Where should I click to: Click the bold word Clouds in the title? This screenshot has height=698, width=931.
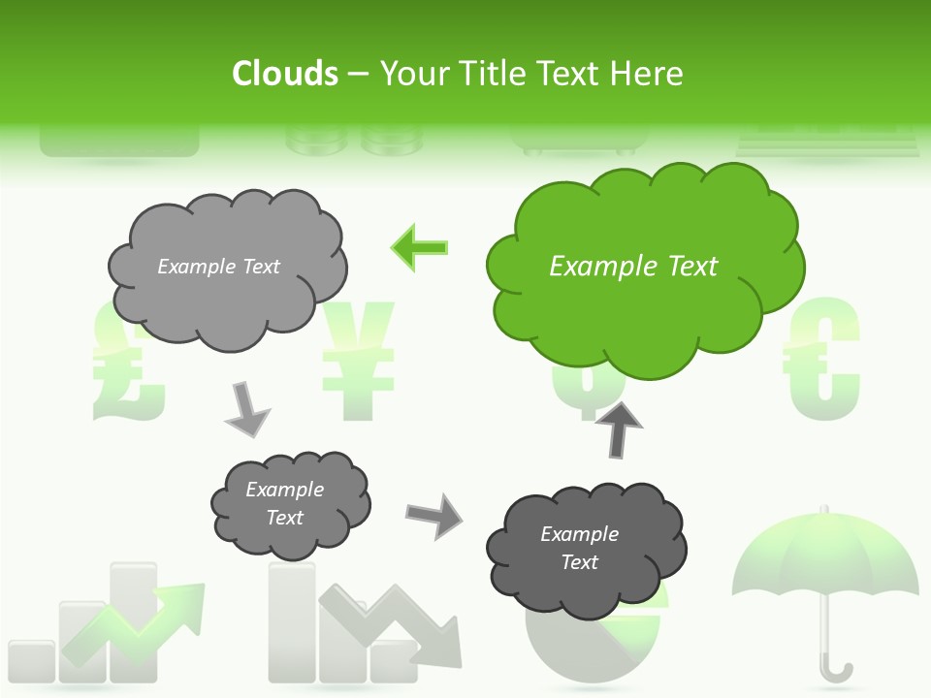(x=285, y=74)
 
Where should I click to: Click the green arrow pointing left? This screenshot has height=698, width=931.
(x=420, y=247)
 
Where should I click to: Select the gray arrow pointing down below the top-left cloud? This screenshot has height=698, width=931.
(x=247, y=409)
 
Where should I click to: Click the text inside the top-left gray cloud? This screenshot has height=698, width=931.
(x=218, y=267)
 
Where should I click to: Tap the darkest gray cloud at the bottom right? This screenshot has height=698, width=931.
(x=582, y=548)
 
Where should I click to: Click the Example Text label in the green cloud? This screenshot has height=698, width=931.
(x=633, y=267)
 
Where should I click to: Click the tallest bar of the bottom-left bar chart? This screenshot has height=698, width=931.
(x=133, y=620)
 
